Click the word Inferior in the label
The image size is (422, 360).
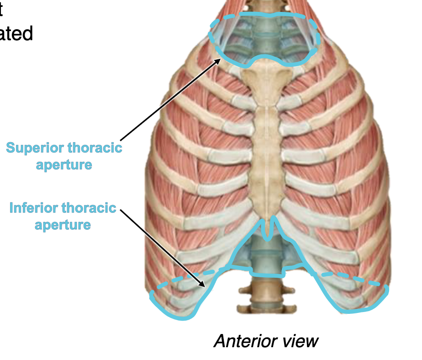tap(33, 208)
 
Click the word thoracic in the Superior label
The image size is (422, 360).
tap(95, 148)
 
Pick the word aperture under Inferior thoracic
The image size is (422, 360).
tap(63, 225)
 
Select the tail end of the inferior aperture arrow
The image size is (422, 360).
tap(121, 211)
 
